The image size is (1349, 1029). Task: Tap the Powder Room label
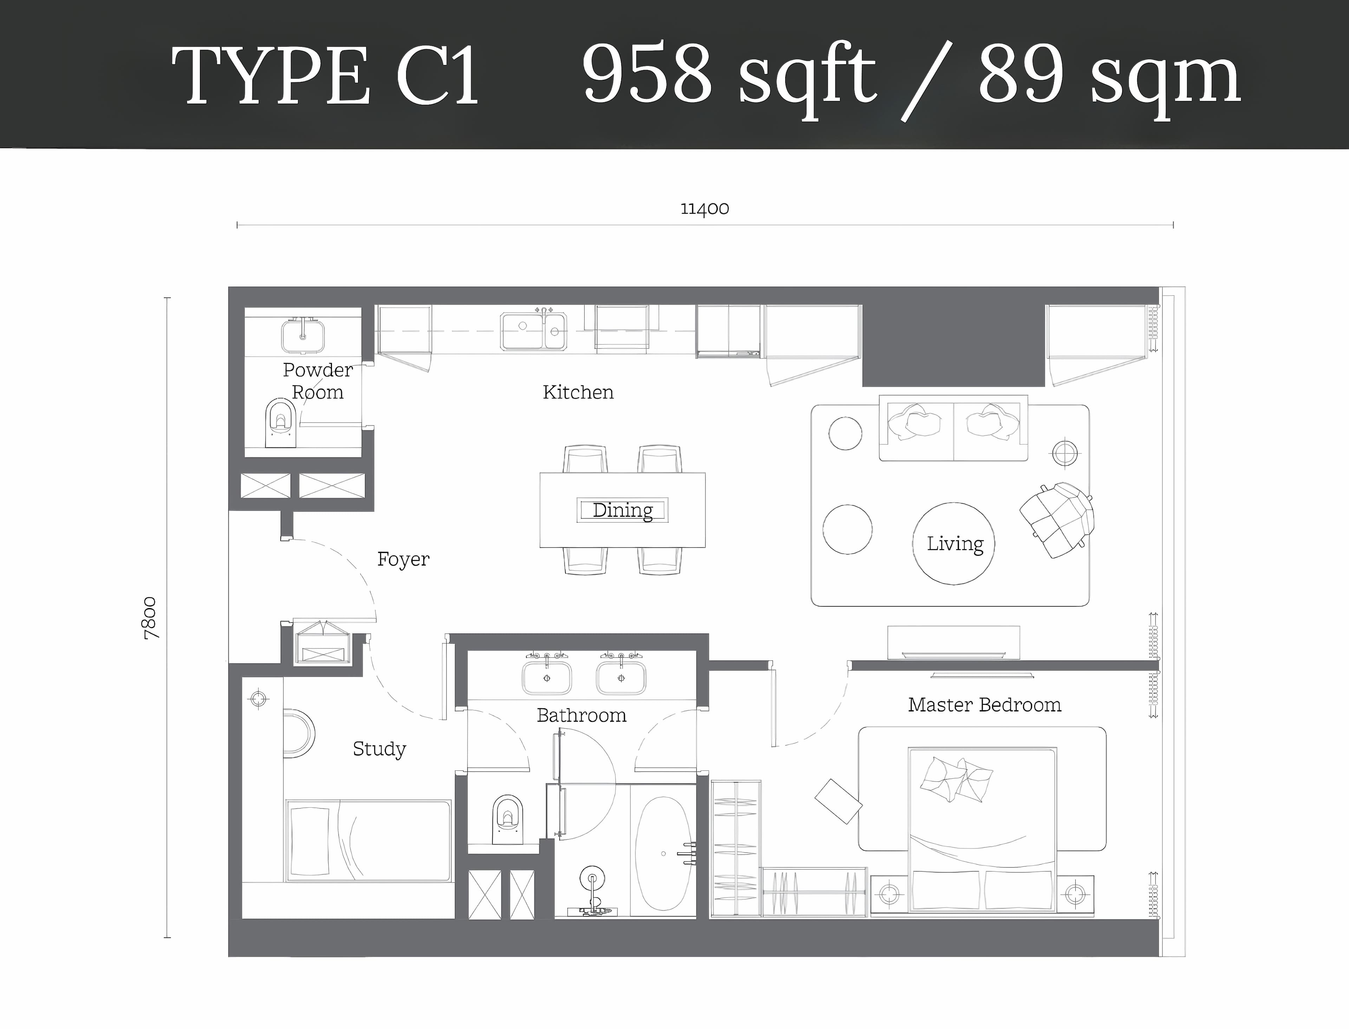318,381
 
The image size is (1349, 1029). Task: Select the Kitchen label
578,392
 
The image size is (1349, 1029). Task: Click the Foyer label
403,559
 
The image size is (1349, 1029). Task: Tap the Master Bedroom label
985,705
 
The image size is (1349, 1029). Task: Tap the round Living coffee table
953,543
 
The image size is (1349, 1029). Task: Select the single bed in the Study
368,840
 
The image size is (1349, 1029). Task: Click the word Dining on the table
623,510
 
